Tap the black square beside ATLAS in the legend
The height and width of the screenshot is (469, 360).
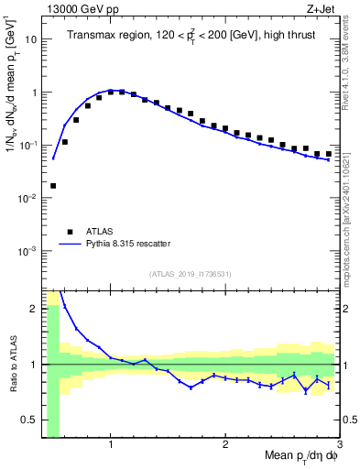click(70, 232)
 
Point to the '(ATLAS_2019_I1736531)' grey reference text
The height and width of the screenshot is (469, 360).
click(191, 274)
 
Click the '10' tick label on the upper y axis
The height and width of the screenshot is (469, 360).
click(31, 39)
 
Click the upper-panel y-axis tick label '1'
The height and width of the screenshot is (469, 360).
click(34, 93)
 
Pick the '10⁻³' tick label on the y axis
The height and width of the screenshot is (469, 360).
click(28, 250)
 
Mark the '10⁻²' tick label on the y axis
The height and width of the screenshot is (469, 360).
click(28, 198)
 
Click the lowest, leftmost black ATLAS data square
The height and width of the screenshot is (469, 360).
click(53, 186)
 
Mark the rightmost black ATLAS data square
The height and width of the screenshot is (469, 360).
click(328, 154)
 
